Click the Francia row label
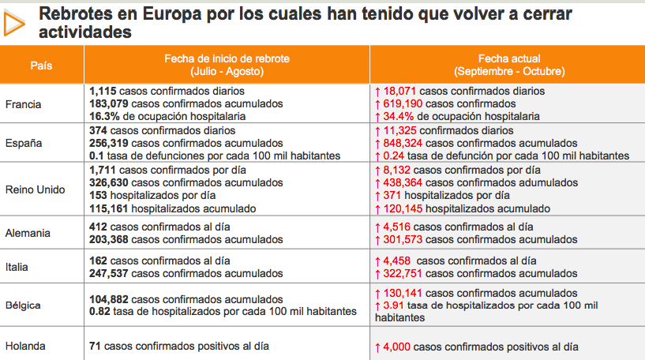coord(23,103)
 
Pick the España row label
coord(23,143)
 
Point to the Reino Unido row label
coord(35,189)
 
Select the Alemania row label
coord(28,233)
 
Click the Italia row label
coord(17,267)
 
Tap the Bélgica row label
coord(24,306)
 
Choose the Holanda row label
coord(25,346)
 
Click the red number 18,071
coord(401,92)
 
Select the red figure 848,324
coord(404,143)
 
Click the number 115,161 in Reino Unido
coord(110,208)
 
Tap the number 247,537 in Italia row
coord(110,272)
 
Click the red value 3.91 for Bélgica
coord(393,306)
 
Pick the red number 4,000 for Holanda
coord(398,347)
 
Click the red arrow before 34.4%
coord(377,115)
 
